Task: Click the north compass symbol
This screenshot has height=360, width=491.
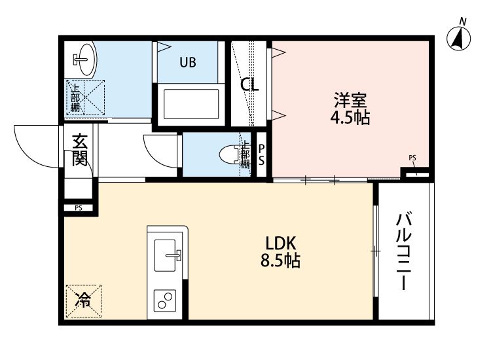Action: (x=460, y=39)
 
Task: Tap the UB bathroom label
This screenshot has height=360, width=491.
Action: (x=188, y=62)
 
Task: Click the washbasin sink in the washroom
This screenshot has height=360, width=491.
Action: (x=83, y=59)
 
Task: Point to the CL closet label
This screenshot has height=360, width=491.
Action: (x=249, y=84)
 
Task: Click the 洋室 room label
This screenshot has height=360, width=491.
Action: (x=352, y=101)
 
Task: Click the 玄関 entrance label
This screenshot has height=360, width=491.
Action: (x=80, y=151)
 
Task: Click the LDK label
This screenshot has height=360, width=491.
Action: (x=280, y=242)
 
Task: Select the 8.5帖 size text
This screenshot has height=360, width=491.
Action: (x=280, y=261)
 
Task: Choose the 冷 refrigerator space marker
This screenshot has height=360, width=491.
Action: (x=83, y=301)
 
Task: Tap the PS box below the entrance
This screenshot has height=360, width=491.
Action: (x=79, y=209)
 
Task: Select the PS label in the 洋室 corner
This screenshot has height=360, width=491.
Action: (x=412, y=158)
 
